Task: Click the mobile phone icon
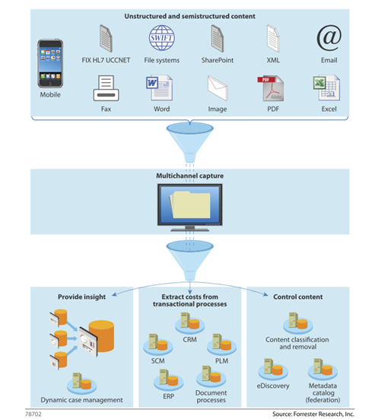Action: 50,63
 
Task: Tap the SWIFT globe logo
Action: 162,38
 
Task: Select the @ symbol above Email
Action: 329,38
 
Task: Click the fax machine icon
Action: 106,88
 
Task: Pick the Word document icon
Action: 159,87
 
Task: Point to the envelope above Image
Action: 218,88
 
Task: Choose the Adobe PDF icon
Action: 271,88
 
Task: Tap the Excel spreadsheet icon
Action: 326,87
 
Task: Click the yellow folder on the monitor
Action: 189,205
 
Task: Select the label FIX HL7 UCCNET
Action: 106,60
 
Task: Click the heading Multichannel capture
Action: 189,176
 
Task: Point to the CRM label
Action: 189,340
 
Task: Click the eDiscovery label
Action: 273,386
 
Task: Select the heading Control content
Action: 297,297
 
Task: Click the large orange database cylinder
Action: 101,336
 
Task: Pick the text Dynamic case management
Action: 81,400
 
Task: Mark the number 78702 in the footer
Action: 33,414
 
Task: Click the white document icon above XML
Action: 273,38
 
